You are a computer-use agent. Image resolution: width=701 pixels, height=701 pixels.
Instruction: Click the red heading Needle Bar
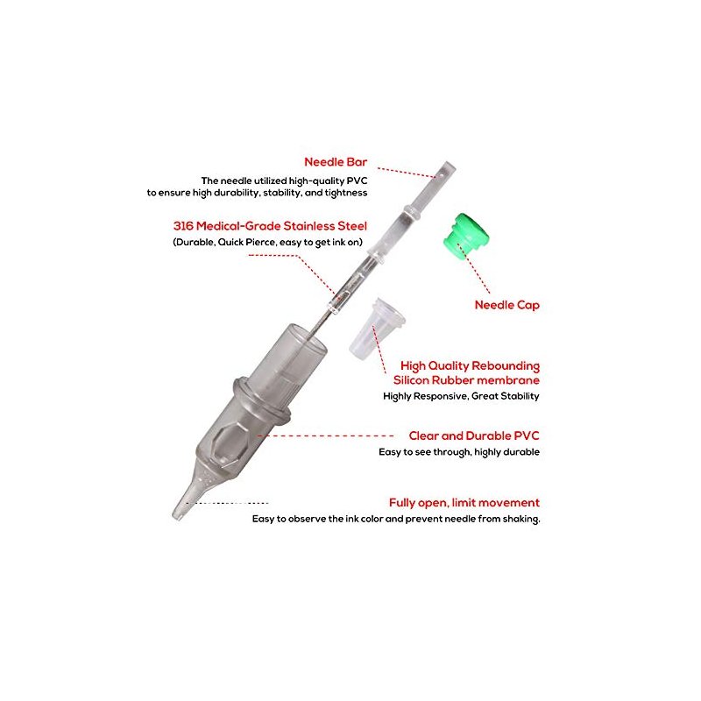point(336,162)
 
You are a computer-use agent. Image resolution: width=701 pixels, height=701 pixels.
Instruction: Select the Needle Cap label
point(507,305)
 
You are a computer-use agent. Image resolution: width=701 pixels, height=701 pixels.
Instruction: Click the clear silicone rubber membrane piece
point(377,329)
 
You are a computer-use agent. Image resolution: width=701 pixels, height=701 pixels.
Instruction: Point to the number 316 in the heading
point(183,226)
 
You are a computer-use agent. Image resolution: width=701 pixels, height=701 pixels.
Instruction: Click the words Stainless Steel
point(325,226)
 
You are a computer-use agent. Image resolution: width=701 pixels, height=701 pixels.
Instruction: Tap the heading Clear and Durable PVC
point(474,435)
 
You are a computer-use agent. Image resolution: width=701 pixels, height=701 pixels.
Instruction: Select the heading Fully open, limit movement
point(464,502)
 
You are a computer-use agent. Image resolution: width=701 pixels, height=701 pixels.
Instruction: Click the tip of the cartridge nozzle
point(177,516)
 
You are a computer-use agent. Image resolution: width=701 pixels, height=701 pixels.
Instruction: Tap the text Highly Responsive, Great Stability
point(461,396)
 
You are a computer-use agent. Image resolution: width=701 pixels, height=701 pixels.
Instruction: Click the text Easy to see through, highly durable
point(458,452)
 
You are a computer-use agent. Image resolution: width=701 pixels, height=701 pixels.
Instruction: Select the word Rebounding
point(505,366)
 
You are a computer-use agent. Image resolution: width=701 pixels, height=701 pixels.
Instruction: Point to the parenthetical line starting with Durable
point(267,243)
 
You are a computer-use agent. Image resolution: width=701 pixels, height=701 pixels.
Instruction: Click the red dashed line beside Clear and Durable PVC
point(325,435)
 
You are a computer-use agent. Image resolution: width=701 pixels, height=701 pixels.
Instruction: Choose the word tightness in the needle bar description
point(345,193)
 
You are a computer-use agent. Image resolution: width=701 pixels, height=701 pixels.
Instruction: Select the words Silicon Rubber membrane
point(466,380)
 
